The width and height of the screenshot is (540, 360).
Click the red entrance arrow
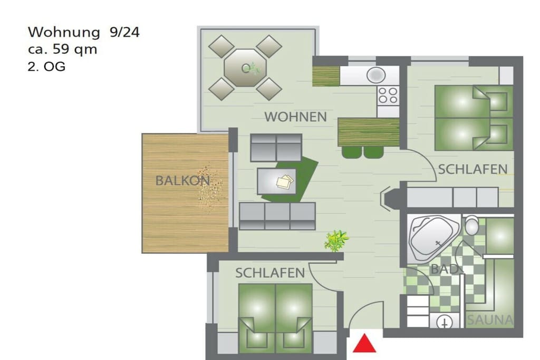[364, 344]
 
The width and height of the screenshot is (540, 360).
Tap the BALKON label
[182, 181]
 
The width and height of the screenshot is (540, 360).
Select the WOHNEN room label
[295, 117]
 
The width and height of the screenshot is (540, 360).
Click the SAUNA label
[489, 320]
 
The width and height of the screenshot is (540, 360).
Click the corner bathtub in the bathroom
[433, 238]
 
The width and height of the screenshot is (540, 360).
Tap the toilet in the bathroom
[472, 226]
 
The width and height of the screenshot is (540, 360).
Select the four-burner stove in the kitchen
[388, 95]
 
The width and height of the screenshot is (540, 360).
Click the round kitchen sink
[375, 75]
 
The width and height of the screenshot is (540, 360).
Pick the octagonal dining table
[245, 68]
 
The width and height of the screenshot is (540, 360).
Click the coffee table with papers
[276, 181]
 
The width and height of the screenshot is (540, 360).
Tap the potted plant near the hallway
[336, 240]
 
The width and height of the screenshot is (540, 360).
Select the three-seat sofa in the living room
[277, 216]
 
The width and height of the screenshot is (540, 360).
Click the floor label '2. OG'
[46, 66]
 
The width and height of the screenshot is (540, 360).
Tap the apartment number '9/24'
[124, 32]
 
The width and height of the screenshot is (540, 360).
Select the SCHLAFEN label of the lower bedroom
[270, 273]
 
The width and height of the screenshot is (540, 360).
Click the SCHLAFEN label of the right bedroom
[473, 169]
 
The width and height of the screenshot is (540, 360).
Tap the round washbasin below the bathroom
[445, 323]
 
